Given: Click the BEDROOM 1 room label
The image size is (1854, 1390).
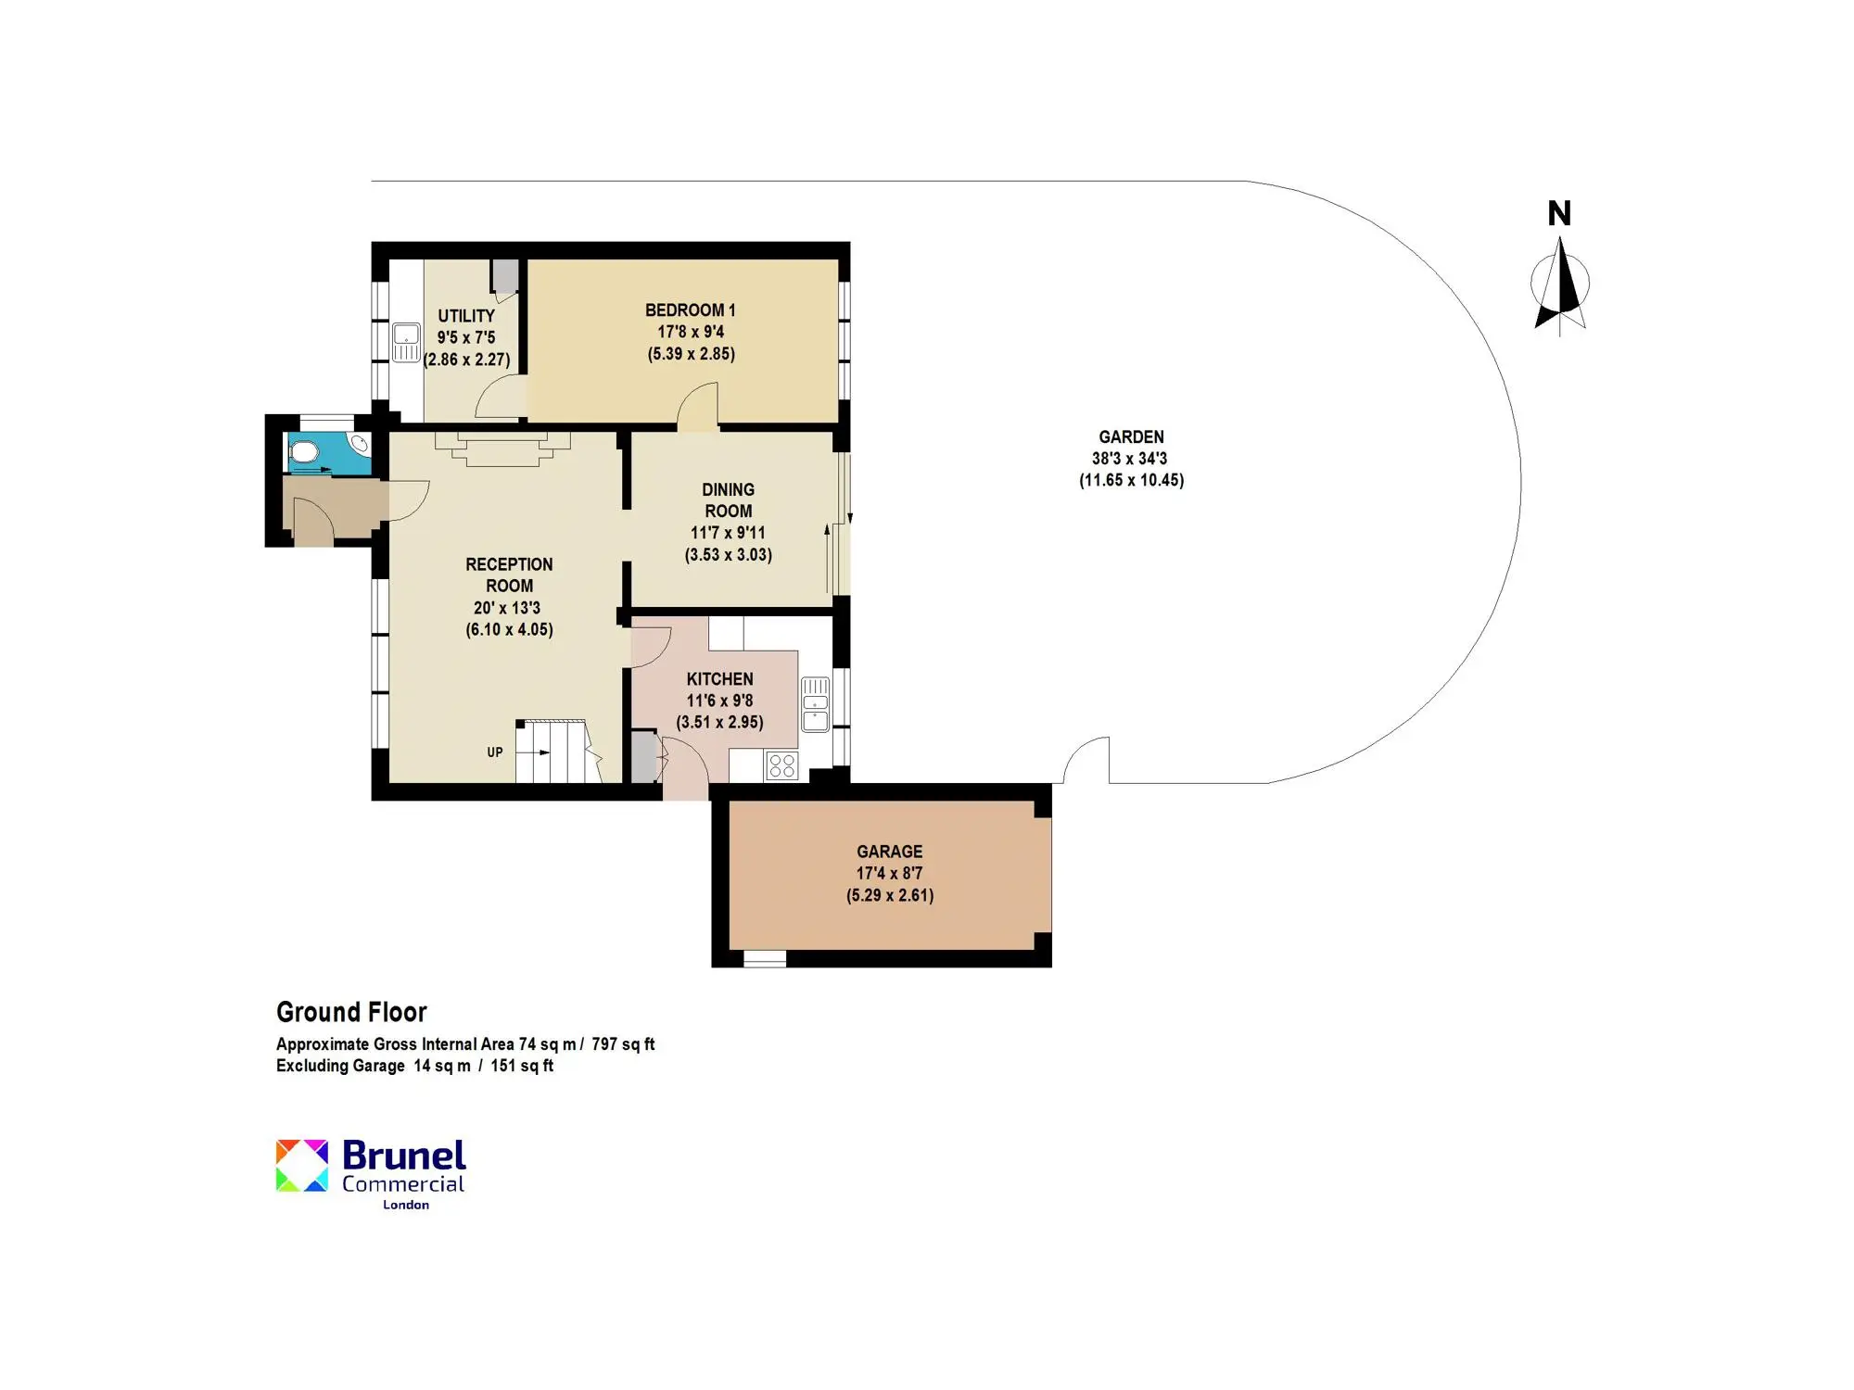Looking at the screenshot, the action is (691, 310).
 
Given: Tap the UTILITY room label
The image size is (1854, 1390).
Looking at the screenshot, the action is (466, 316).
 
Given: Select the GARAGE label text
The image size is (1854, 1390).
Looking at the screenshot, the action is (889, 852).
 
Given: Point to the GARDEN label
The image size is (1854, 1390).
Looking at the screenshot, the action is (1131, 436).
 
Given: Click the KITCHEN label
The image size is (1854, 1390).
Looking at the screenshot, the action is (719, 679).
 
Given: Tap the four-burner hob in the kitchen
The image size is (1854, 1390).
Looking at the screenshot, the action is (781, 765).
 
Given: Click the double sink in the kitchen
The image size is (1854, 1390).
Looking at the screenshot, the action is (815, 704).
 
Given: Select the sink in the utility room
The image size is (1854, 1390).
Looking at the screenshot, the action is (406, 342).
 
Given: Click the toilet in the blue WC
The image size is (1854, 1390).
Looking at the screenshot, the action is (302, 452).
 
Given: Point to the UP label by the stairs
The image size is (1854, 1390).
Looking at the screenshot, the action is (495, 752).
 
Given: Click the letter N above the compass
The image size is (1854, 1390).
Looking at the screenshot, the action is (1559, 214).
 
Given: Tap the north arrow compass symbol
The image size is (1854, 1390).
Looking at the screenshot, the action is (1560, 285).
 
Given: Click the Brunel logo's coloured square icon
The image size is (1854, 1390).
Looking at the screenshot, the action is (302, 1165).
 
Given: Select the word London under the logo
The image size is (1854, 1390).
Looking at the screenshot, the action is (406, 1205).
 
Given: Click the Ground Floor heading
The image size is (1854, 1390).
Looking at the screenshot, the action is (351, 1012).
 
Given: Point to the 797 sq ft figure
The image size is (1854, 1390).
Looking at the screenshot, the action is (623, 1044).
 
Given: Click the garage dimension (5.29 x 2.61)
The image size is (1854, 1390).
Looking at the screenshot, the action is (890, 895).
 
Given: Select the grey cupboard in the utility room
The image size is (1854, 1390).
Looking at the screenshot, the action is (505, 276).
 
